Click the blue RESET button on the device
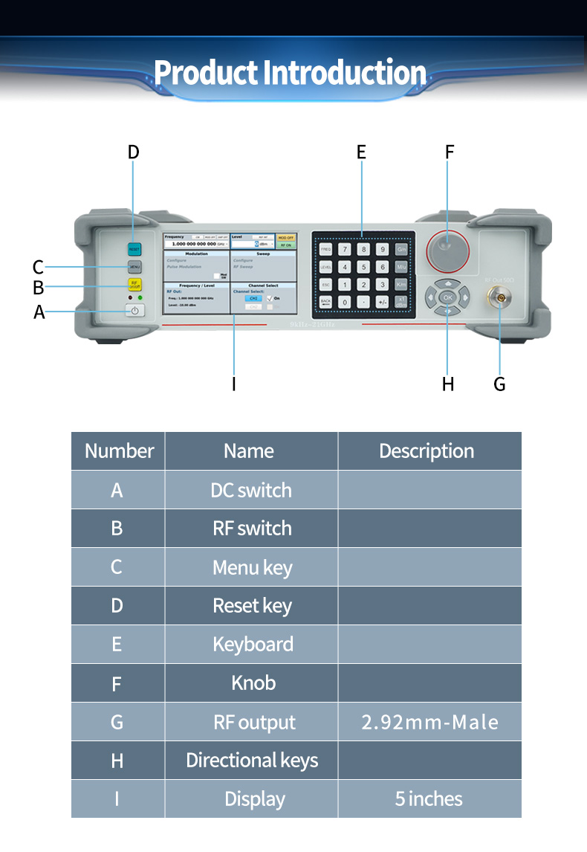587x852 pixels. (x=134, y=249)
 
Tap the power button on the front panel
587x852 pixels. (x=134, y=311)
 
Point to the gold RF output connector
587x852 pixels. (x=500, y=298)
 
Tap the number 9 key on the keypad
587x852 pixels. (x=382, y=249)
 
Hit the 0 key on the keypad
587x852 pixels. (x=345, y=303)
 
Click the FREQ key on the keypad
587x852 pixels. (x=325, y=249)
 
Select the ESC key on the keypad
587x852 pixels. (x=325, y=285)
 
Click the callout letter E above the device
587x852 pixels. (x=361, y=152)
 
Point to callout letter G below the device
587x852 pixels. (x=499, y=384)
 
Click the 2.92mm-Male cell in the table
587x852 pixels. (x=429, y=722)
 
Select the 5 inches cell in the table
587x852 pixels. (x=429, y=799)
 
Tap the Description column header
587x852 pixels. (x=427, y=451)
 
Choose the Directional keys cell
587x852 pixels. (x=252, y=761)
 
